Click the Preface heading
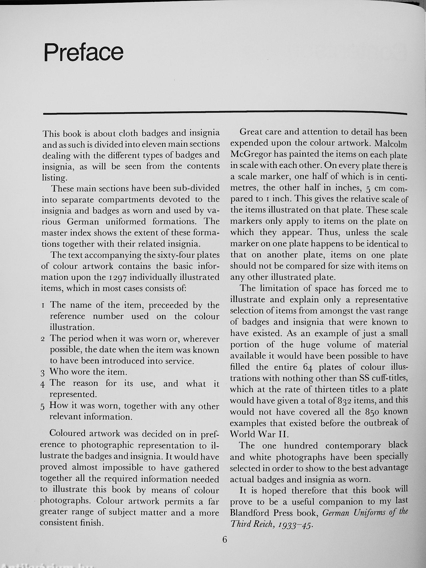[x=84, y=52]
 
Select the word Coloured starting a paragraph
[x=67, y=434]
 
